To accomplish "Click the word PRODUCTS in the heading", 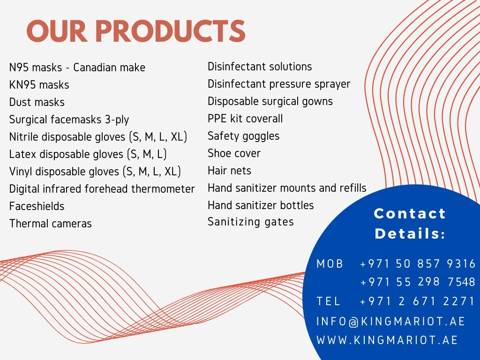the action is pyautogui.click(x=171, y=31).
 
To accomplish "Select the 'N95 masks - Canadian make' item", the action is pyautogui.click(x=77, y=67).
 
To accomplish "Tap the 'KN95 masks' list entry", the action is pyautogui.click(x=39, y=85).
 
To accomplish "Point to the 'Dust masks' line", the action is pyautogui.click(x=37, y=102).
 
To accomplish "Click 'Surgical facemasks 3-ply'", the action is pyautogui.click(x=69, y=120).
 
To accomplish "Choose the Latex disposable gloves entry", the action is pyautogui.click(x=88, y=154).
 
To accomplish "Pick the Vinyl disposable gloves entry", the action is pyautogui.click(x=95, y=172).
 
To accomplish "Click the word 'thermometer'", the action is pyautogui.click(x=163, y=188).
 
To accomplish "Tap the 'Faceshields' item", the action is pyautogui.click(x=37, y=206).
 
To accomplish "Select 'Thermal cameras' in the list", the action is pyautogui.click(x=51, y=224).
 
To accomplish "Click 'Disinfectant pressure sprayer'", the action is pyautogui.click(x=279, y=84).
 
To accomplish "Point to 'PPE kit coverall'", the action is pyautogui.click(x=245, y=119).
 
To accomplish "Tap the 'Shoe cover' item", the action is pyautogui.click(x=234, y=153).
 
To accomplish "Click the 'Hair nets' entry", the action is pyautogui.click(x=230, y=171).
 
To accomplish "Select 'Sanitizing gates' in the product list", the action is pyautogui.click(x=251, y=222).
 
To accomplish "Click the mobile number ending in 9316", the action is pyautogui.click(x=418, y=263).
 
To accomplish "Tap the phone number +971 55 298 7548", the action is pyautogui.click(x=418, y=282).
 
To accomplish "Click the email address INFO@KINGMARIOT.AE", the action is pyautogui.click(x=390, y=322).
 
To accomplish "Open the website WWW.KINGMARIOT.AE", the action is pyautogui.click(x=387, y=340).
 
